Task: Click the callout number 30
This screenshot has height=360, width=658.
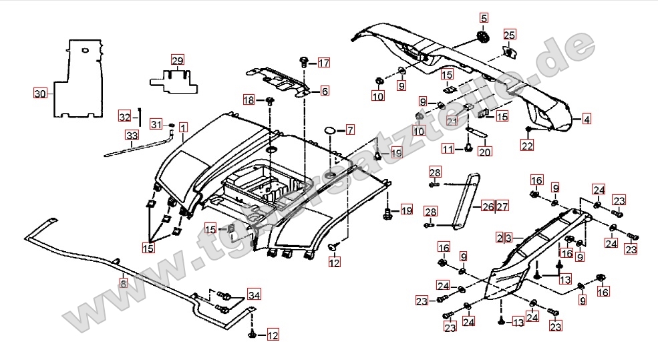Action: pyautogui.click(x=40, y=94)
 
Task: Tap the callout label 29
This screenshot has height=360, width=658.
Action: pyautogui.click(x=176, y=61)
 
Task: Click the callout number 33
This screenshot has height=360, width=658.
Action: pyautogui.click(x=132, y=136)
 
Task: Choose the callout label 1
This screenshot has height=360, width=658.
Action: pyautogui.click(x=183, y=126)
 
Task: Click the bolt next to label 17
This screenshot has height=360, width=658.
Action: pyautogui.click(x=304, y=63)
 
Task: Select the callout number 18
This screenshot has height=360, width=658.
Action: pyautogui.click(x=249, y=100)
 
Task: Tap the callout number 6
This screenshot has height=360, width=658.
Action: pyautogui.click(x=324, y=91)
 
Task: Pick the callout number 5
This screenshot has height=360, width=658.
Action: pyautogui.click(x=484, y=18)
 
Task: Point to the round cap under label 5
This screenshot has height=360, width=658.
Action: pyautogui.click(x=482, y=35)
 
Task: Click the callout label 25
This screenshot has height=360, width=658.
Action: pyautogui.click(x=509, y=35)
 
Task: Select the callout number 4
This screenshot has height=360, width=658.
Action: pyautogui.click(x=586, y=120)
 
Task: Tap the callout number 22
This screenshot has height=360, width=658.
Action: pyautogui.click(x=527, y=146)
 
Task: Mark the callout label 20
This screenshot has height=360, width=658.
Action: pyautogui.click(x=484, y=152)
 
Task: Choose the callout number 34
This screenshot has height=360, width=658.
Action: pyautogui.click(x=254, y=295)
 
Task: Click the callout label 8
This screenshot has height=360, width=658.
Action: pyautogui.click(x=123, y=283)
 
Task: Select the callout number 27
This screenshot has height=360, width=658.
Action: pyautogui.click(x=502, y=206)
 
